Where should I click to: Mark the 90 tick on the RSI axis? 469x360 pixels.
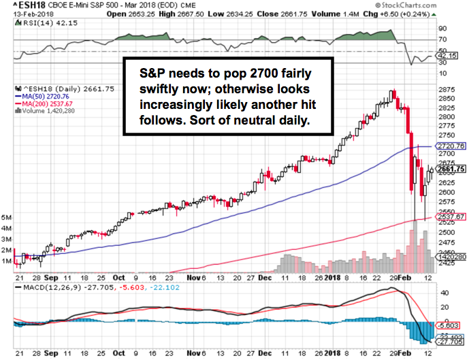point(442,29)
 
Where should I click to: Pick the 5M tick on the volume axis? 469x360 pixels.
point(7,218)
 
